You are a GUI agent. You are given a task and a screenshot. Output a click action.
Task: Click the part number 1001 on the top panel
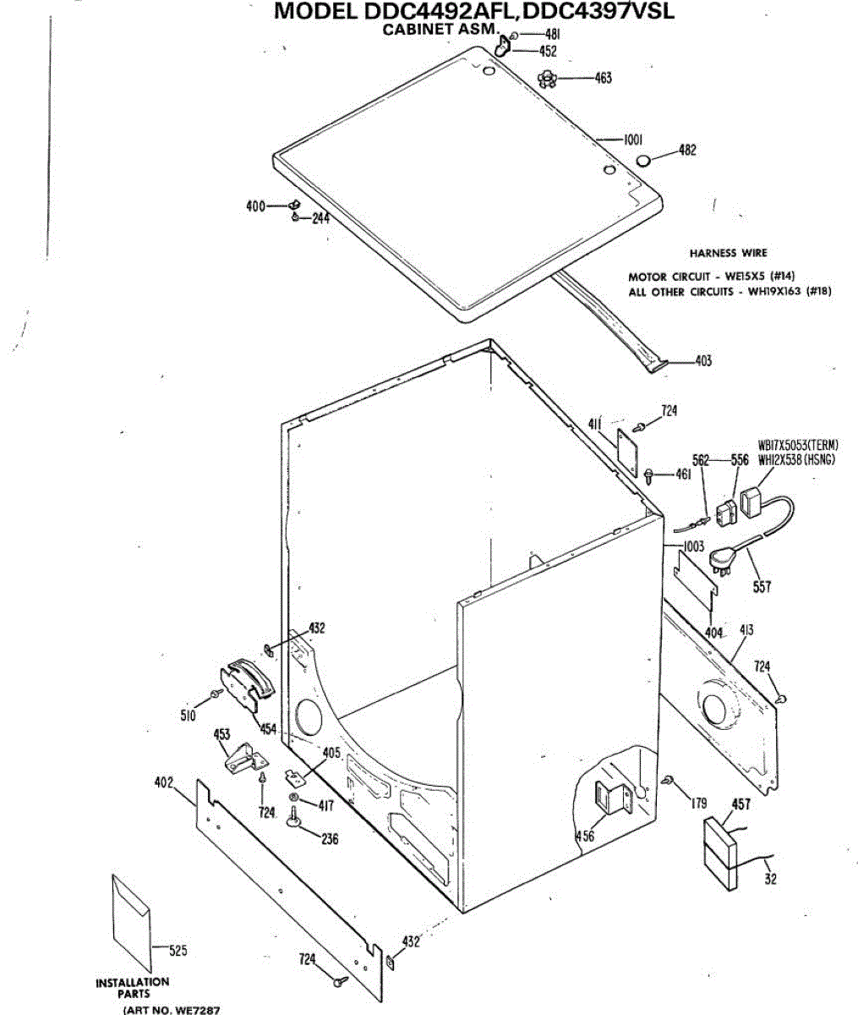pyautogui.click(x=634, y=140)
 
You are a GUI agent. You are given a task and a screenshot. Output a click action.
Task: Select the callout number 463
pyautogui.click(x=603, y=79)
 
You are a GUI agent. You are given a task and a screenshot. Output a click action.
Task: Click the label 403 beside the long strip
pyautogui.click(x=702, y=361)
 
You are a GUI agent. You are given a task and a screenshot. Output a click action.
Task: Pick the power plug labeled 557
pyautogui.click(x=724, y=558)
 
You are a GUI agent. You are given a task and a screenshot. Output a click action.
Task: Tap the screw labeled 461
pyautogui.click(x=648, y=475)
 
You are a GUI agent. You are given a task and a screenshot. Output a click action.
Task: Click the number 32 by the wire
pyautogui.click(x=770, y=880)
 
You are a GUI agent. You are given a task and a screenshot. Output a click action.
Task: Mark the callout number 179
pyautogui.click(x=698, y=804)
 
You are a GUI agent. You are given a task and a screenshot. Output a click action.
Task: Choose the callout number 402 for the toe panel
pyautogui.click(x=163, y=782)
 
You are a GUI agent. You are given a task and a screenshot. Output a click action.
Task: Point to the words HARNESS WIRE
pyautogui.click(x=728, y=253)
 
